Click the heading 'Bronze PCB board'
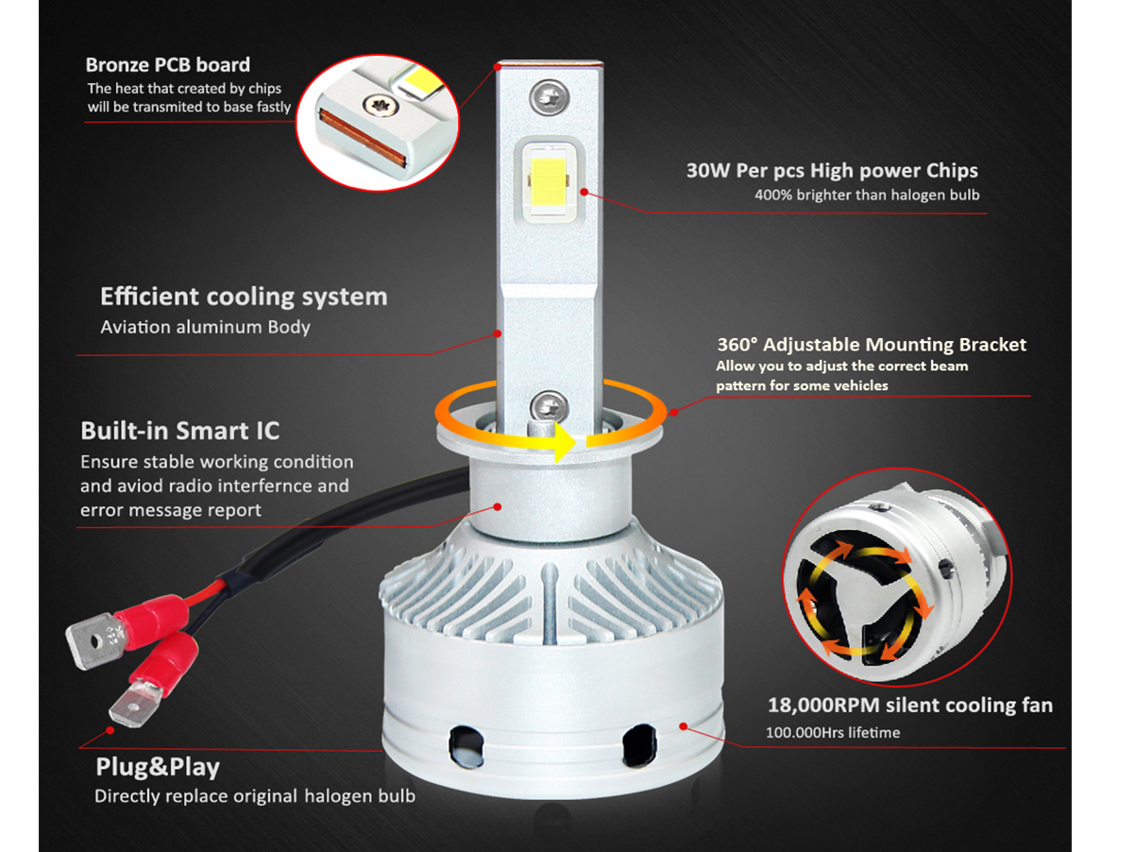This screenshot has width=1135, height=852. (167, 65)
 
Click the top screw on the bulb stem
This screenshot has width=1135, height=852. (550, 96)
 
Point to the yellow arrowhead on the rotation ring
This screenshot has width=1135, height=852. (566, 442)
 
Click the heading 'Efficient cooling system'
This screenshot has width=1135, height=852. (244, 297)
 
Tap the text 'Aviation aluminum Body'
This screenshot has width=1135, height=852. (205, 327)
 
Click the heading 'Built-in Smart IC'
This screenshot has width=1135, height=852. (180, 431)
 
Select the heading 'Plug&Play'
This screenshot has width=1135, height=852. (158, 767)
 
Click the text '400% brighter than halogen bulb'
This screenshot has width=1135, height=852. (867, 195)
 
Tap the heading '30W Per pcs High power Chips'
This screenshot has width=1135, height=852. (832, 171)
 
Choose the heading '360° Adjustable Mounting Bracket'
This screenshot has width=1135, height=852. (872, 345)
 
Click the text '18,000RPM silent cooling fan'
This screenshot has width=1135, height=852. (910, 705)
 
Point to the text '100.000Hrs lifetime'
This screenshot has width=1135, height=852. (833, 732)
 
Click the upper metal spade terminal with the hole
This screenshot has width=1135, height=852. (95, 641)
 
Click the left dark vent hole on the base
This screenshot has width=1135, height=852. (466, 746)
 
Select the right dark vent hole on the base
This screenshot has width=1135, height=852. (639, 745)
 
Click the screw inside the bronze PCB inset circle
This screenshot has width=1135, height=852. (381, 105)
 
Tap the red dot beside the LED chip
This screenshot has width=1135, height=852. (584, 192)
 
